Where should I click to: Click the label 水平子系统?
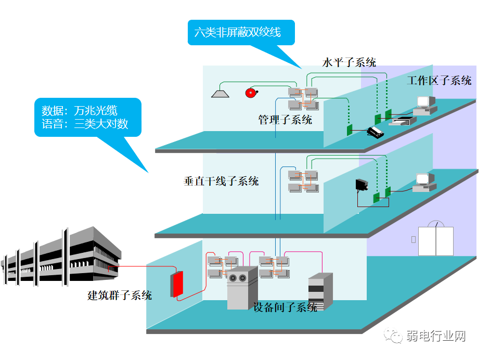coord(349,62)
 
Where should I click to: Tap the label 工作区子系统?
coord(439,81)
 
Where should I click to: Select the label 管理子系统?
coord(285,120)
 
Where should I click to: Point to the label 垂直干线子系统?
coord(221,182)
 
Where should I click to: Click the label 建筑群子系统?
coord(120,295)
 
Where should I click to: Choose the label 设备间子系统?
coord(285,307)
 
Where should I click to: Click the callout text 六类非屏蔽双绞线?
coord(237,32)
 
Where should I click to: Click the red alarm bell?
coord(251,93)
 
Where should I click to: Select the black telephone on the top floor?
coord(375,132)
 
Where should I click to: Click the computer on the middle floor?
coord(424,183)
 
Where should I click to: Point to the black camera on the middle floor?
coord(362,185)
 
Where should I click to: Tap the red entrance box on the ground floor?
coord(177,284)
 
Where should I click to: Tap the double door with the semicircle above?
coord(436,239)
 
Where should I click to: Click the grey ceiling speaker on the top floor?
coord(220,93)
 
